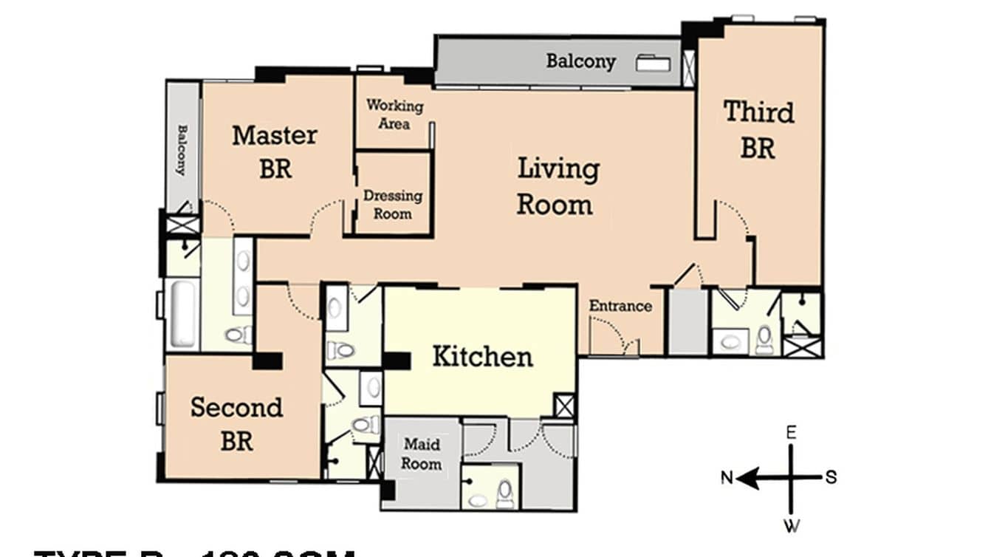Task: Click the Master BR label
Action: [x=274, y=151]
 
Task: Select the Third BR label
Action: [x=758, y=130]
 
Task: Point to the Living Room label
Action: [x=557, y=186]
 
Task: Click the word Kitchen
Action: [x=481, y=357]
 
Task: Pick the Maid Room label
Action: [x=422, y=454]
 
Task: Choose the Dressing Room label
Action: [x=393, y=205]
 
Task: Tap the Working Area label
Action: [x=394, y=115]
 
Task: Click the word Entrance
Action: [x=620, y=306]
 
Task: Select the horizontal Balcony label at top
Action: [x=580, y=61]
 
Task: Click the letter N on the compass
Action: [x=727, y=478]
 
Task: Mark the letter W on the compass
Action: [x=791, y=525]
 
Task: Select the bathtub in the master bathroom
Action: [x=182, y=313]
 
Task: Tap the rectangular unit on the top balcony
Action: [x=654, y=64]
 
